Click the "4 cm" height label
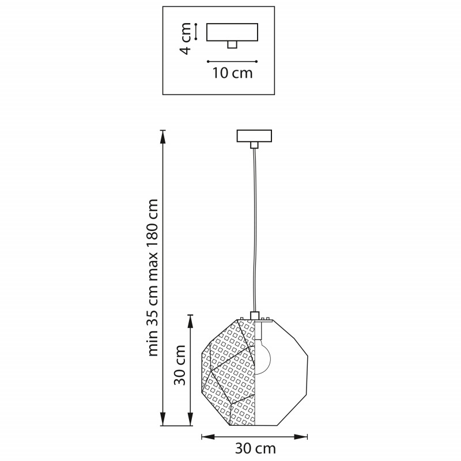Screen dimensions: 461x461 (x=186, y=38)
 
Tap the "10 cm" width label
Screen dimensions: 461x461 (x=233, y=73)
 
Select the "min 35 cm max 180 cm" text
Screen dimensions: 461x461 (x=153, y=278)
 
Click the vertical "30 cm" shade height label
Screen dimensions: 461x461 (x=180, y=365)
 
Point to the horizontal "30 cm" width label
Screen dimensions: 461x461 (x=255, y=449)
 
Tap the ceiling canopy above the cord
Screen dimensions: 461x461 (x=254, y=136)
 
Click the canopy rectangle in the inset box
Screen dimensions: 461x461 (x=232, y=32)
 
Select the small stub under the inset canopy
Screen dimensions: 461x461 (x=232, y=44)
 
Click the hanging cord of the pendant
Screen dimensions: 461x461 (x=255, y=230)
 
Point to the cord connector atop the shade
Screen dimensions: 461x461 (x=255, y=315)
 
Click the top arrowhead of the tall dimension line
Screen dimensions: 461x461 (x=163, y=136)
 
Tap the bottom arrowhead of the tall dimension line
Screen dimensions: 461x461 (x=163, y=420)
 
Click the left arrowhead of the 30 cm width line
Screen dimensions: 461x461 (x=208, y=437)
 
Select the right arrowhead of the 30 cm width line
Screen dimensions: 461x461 (x=301, y=437)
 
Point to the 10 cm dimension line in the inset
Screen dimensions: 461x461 (x=232, y=62)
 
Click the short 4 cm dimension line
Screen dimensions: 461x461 (x=196, y=32)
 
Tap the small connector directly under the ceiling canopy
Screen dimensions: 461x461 (x=254, y=145)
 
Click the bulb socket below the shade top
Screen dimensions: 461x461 (x=258, y=331)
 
